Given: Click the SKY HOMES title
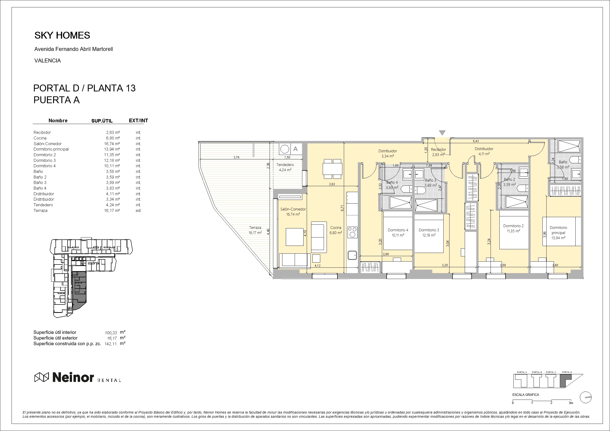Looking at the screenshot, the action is pos(62,35).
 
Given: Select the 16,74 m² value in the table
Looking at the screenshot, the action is pos(112,144).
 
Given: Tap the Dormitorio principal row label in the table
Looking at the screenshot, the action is pos(51,149).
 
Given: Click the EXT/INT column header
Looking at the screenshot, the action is pos(138,121).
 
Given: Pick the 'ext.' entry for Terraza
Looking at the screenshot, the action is pos(138,210).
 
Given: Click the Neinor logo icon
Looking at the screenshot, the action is pos(42,377).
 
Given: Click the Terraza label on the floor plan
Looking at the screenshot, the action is pos(255,228).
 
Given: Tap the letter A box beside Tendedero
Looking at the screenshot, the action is pos(295,149).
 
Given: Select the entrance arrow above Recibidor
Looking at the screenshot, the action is pos(442,133).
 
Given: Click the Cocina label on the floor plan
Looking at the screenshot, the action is pos(336,228).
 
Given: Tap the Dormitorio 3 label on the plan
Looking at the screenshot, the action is pos(429,230).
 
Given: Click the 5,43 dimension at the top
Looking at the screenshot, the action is pos(476,141).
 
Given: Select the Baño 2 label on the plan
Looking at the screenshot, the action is pos(509,180).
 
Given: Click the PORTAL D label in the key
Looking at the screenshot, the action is pos(567,372).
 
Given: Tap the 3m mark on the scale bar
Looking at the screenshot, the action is pos(571,403).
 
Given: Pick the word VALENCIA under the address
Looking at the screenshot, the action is pos(48,61).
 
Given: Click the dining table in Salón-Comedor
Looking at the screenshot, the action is pos(332,169).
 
